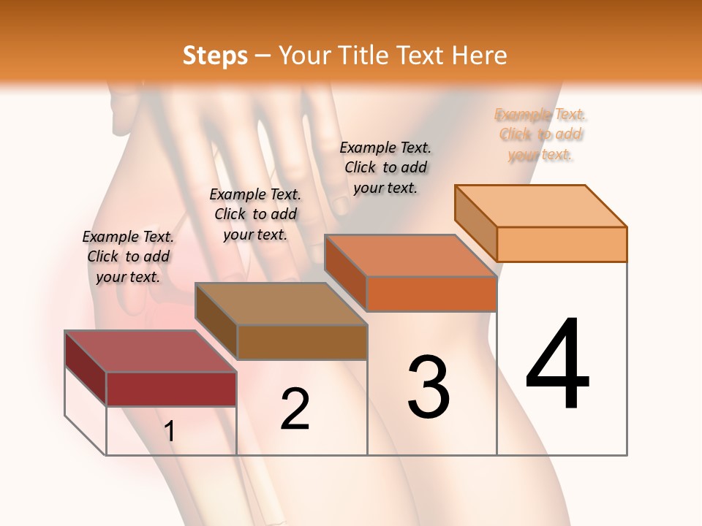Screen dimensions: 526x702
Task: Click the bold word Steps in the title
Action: (x=214, y=56)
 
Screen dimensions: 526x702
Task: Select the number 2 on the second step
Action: (x=295, y=408)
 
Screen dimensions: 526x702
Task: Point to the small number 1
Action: (x=170, y=431)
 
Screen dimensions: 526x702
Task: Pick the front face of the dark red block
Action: (x=171, y=389)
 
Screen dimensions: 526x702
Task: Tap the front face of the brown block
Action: (x=302, y=342)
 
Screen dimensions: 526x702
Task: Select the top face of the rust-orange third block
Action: (x=410, y=256)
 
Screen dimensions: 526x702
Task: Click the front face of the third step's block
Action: (x=431, y=294)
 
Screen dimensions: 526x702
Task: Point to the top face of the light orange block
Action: (x=541, y=205)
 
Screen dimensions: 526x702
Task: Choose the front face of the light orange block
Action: (x=562, y=244)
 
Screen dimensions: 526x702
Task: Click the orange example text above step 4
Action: (x=540, y=134)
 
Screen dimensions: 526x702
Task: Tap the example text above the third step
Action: (x=385, y=167)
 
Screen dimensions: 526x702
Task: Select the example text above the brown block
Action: (x=255, y=214)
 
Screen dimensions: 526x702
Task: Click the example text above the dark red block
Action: (x=128, y=256)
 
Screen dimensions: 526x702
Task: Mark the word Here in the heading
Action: (x=480, y=56)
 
